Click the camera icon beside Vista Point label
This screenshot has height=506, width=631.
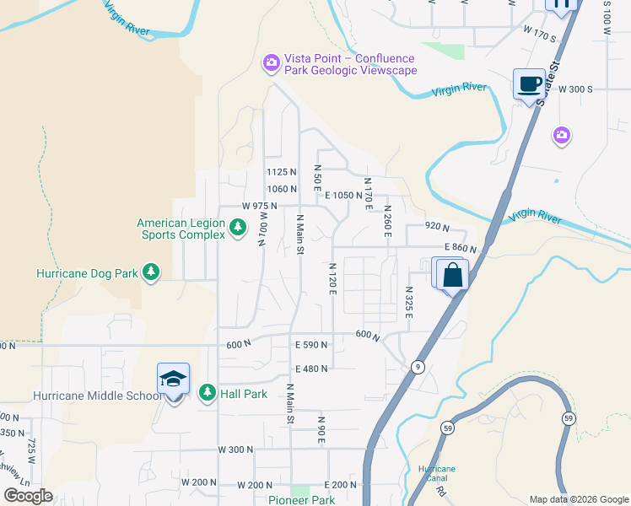(271, 62)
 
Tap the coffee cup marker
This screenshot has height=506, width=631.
(529, 84)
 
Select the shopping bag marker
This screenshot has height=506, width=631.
(452, 275)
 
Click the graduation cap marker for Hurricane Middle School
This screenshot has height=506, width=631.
(173, 381)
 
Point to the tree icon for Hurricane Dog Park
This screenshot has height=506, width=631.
(151, 272)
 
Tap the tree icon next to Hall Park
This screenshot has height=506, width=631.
(207, 393)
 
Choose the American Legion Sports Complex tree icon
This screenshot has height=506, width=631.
(238, 227)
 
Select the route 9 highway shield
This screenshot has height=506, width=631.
(417, 367)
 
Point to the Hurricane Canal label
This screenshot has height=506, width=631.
(436, 474)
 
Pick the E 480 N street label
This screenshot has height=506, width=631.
(311, 369)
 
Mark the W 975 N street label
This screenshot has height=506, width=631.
(259, 206)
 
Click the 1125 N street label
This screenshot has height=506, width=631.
(282, 171)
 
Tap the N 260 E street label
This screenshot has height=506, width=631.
(387, 221)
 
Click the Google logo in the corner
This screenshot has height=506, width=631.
(28, 496)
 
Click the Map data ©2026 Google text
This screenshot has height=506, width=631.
(578, 499)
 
